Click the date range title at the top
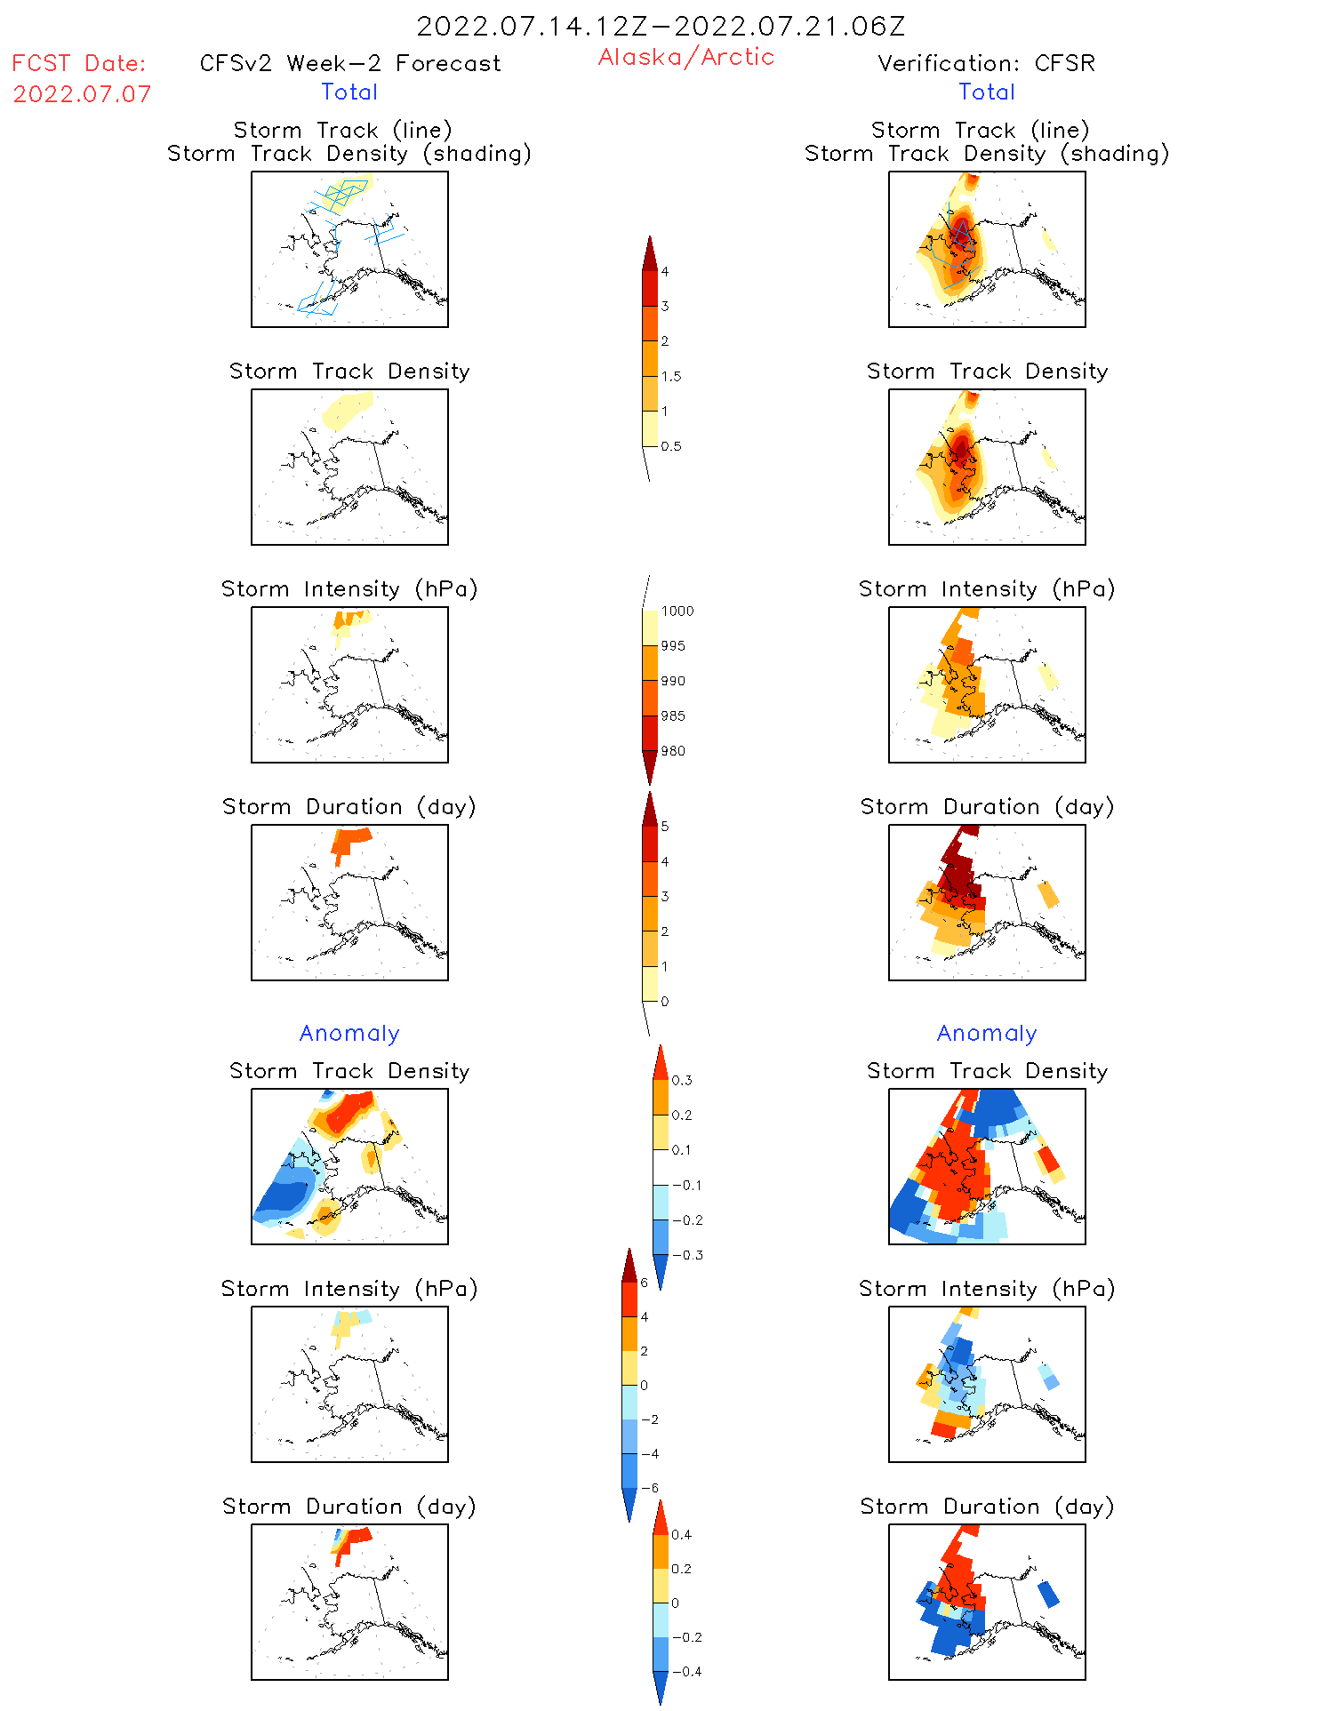pyautogui.click(x=661, y=27)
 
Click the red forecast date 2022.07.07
pyautogui.click(x=82, y=94)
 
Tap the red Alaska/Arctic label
pyautogui.click(x=685, y=57)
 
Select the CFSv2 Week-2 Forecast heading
pyautogui.click(x=349, y=64)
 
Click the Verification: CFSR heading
pyautogui.click(x=986, y=64)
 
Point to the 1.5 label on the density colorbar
pyautogui.click(x=671, y=377)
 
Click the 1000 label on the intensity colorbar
pyautogui.click(x=677, y=612)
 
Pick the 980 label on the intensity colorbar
pyautogui.click(x=673, y=751)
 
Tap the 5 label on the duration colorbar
pyautogui.click(x=665, y=827)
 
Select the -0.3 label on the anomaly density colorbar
pyautogui.click(x=687, y=1256)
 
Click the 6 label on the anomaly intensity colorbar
pyautogui.click(x=644, y=1283)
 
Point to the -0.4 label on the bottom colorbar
pyautogui.click(x=686, y=1672)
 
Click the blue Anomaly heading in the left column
pyautogui.click(x=349, y=1034)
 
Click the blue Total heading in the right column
pyautogui.click(x=986, y=92)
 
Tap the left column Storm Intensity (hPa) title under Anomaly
pyautogui.click(x=349, y=1289)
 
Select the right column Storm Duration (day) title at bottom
pyautogui.click(x=986, y=1507)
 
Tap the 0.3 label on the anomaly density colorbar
pyautogui.click(x=681, y=1081)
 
